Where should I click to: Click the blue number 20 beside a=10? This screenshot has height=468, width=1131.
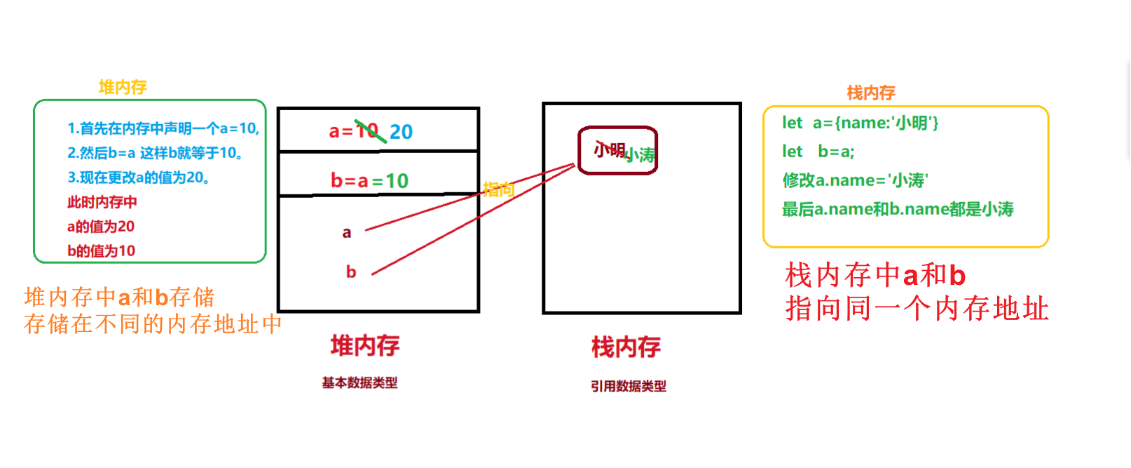click(401, 131)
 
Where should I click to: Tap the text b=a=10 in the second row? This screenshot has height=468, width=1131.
click(369, 180)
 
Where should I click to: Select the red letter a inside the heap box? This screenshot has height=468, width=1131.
click(346, 232)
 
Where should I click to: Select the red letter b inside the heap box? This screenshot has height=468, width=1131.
click(351, 272)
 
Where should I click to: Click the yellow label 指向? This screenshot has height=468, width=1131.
click(498, 189)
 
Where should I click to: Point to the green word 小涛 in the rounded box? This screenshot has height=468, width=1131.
click(640, 155)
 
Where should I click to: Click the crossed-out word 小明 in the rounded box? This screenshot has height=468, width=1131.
click(609, 149)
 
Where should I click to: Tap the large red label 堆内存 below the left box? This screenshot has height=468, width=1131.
click(365, 345)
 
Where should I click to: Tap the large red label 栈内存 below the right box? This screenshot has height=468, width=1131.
click(626, 347)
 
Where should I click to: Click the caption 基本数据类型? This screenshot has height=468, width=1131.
click(359, 382)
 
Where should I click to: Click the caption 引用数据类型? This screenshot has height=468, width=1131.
click(628, 386)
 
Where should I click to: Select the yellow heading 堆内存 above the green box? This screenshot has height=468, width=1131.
click(123, 87)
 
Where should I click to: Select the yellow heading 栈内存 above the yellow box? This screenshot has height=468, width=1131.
click(871, 93)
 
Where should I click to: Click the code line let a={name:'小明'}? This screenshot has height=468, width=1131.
click(860, 123)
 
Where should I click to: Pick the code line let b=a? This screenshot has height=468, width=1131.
click(818, 152)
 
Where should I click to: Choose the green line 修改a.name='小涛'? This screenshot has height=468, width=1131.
click(855, 180)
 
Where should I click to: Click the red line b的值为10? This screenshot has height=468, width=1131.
click(101, 250)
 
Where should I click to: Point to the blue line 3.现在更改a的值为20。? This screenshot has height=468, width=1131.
click(138, 178)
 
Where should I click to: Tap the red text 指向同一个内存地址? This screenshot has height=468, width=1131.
click(917, 309)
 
